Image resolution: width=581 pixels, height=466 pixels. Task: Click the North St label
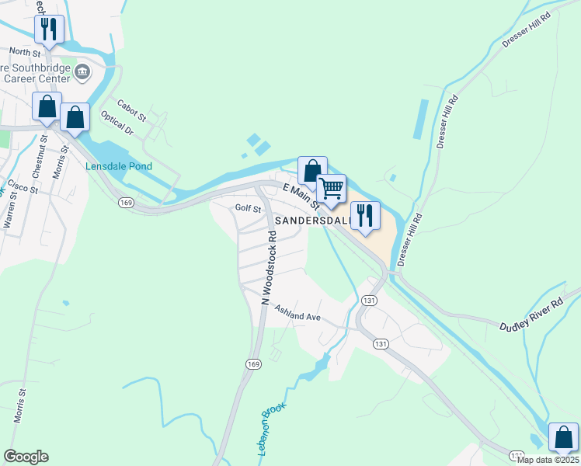pos(23,52)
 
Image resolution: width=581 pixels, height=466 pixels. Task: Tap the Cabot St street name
pos(131,110)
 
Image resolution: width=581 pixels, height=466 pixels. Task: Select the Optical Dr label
pos(117,123)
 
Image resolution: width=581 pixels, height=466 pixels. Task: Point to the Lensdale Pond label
pos(119,166)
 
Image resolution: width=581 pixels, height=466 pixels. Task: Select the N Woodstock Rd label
pos(269,266)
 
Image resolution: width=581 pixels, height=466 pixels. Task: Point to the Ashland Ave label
pos(297,316)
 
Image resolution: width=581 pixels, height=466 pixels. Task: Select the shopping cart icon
pos(332,189)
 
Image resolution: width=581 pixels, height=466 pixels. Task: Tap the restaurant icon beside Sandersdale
pos(364,214)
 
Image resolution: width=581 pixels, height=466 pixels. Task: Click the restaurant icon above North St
pos(48,30)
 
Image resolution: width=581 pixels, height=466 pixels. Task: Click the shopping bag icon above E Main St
pos(312,171)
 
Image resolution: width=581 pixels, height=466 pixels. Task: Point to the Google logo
pos(26,457)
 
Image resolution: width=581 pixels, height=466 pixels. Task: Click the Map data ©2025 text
pos(548,460)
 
